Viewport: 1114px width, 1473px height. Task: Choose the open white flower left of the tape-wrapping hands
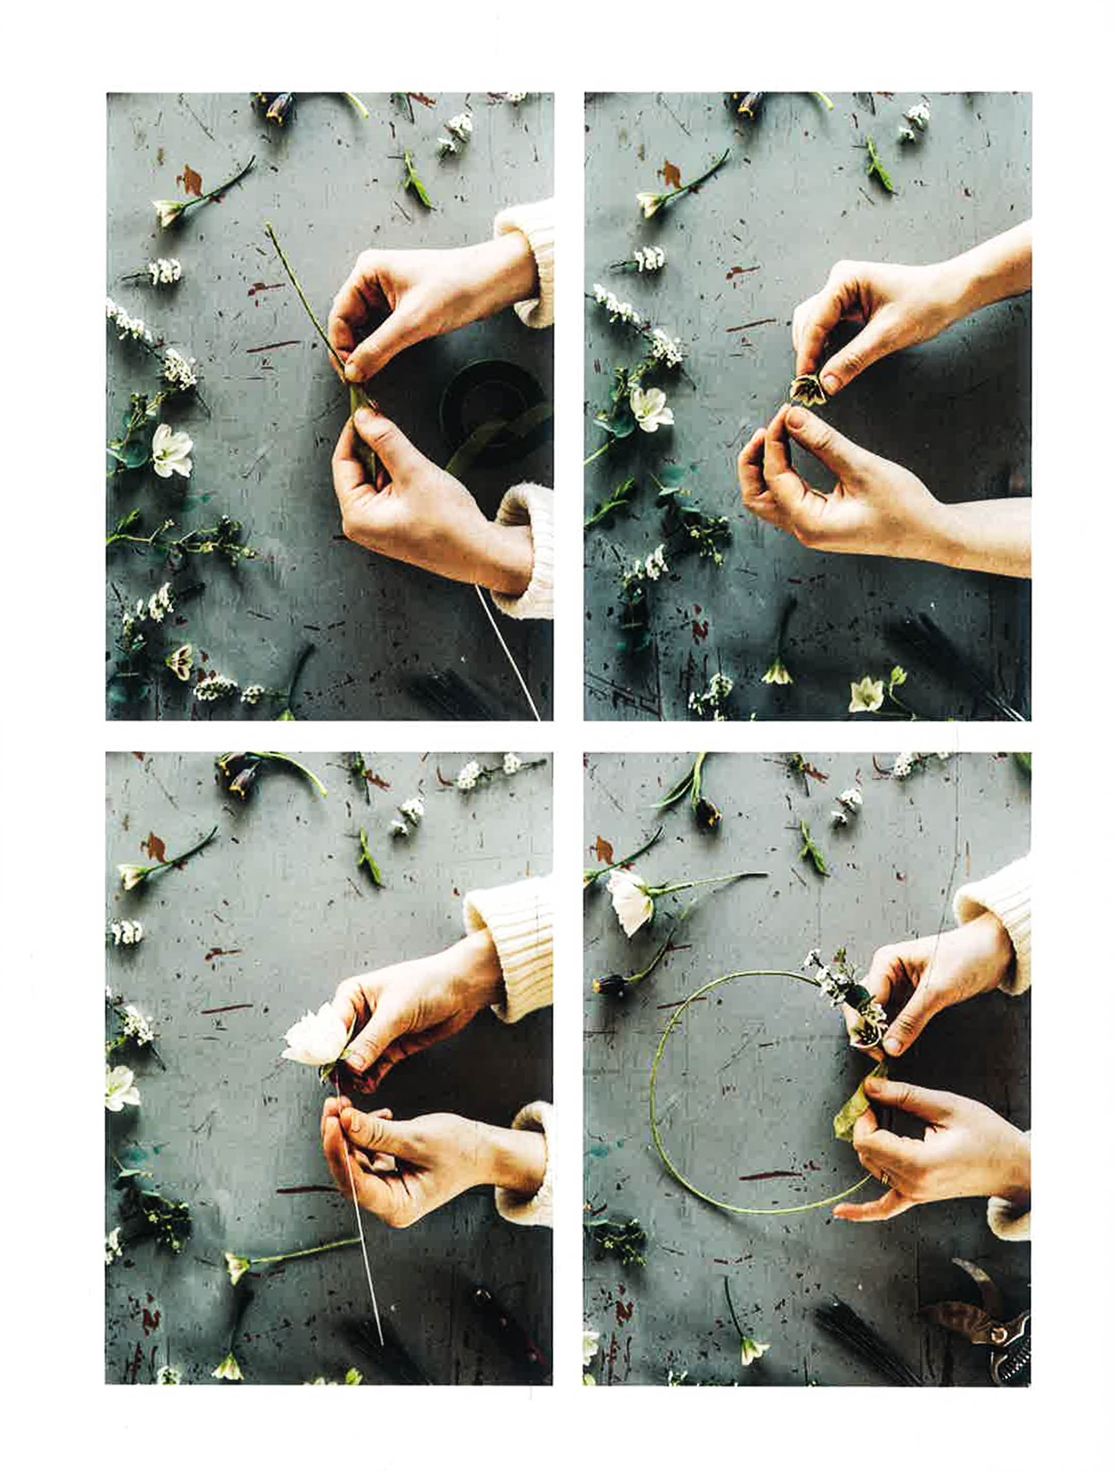(x=171, y=450)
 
